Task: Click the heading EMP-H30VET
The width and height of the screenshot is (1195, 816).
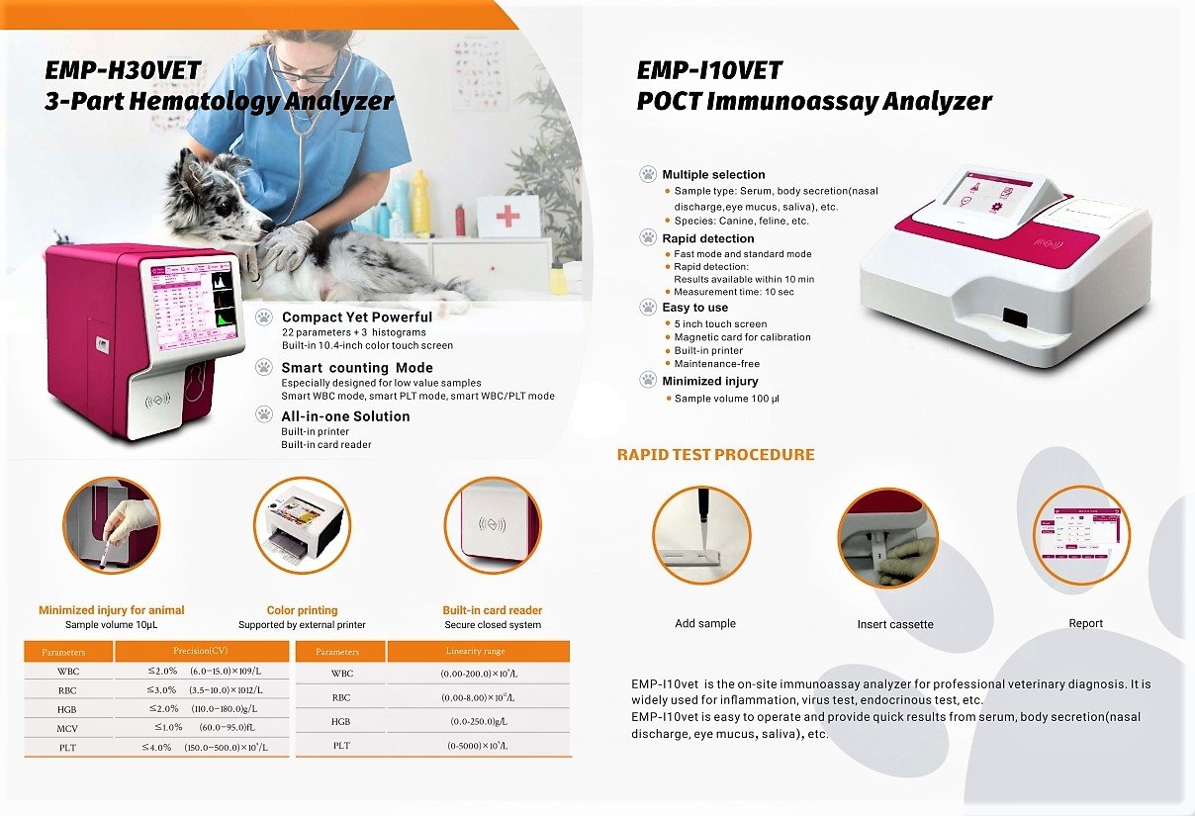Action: click(123, 71)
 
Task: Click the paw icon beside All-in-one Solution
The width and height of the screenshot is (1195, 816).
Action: click(264, 416)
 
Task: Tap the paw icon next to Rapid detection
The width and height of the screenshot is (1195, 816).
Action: click(648, 238)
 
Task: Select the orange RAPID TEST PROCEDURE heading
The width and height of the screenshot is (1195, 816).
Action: click(715, 455)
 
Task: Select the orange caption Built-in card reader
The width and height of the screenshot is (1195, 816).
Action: click(493, 610)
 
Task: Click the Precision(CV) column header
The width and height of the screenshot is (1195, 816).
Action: click(202, 651)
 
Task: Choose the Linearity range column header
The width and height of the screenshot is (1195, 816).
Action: click(479, 651)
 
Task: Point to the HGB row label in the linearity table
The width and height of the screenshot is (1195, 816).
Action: click(340, 721)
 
